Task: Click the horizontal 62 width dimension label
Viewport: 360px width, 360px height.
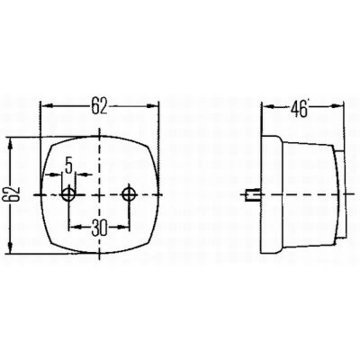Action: (99, 105)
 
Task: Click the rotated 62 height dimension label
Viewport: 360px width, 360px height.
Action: (14, 193)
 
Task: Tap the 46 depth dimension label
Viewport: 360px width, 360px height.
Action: (299, 109)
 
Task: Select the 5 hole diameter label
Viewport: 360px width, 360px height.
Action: (68, 166)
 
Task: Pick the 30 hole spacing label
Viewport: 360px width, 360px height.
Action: (99, 228)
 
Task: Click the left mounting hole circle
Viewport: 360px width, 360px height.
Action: (68, 194)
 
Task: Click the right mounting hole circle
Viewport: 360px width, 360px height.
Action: (130, 194)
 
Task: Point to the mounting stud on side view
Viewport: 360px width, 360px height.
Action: (253, 194)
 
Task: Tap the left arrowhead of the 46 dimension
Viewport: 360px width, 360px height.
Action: (268, 106)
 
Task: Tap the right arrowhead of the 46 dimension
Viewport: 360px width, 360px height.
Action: (337, 106)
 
